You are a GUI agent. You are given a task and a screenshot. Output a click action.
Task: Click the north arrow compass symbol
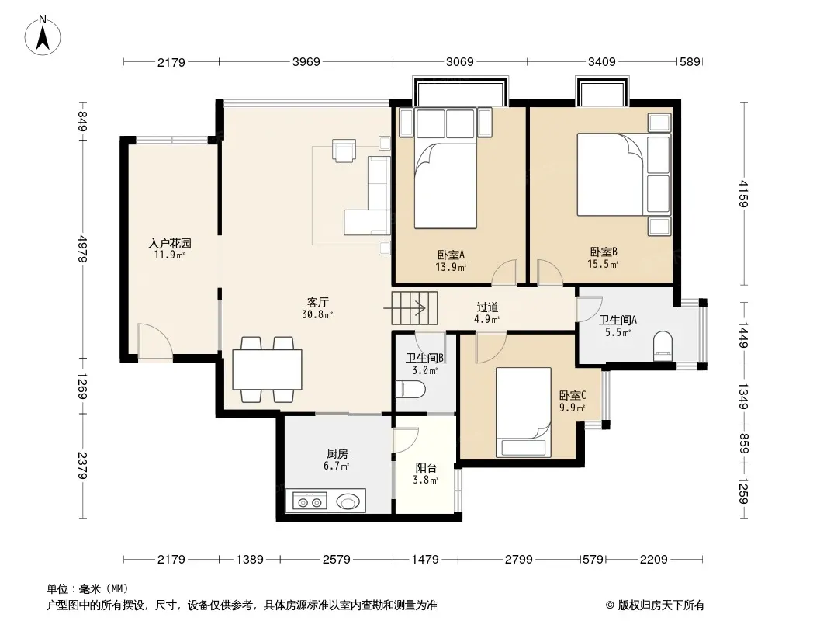(43, 36)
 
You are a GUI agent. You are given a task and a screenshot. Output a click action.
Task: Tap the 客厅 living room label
(318, 302)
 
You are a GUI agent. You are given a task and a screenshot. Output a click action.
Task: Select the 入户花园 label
(169, 243)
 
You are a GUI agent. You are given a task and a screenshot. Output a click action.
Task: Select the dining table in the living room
(268, 369)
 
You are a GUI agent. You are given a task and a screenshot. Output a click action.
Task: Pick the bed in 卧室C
(524, 412)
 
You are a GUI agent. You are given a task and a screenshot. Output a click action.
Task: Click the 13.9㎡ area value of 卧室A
(451, 267)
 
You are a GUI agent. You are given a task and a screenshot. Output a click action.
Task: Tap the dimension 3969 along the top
(306, 62)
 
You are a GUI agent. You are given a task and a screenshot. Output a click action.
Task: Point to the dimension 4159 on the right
(743, 193)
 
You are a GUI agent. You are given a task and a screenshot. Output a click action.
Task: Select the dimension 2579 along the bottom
(337, 559)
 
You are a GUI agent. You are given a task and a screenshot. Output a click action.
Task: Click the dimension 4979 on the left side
(82, 248)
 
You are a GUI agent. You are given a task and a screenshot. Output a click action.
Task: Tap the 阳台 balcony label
(426, 467)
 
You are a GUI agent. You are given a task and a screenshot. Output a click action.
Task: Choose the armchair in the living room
(344, 151)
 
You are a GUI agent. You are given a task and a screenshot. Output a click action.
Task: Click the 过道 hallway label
(487, 307)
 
